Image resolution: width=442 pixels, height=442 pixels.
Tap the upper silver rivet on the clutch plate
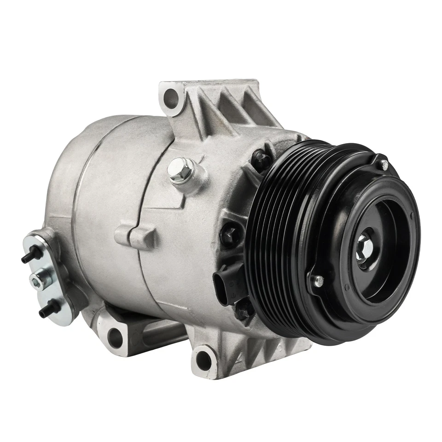click(384, 164)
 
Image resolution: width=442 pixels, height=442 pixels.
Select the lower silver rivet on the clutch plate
click(317, 280)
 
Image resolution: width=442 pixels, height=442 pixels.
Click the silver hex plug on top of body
click(180, 170)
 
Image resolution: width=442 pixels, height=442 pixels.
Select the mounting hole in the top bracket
click(171, 97)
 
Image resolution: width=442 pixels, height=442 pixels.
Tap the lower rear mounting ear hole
click(116, 337)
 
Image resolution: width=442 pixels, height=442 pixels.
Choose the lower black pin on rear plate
click(49, 309)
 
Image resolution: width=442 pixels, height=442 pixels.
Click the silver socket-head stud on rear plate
click(40, 279)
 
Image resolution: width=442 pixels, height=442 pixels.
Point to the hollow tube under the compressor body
click(161, 334)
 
